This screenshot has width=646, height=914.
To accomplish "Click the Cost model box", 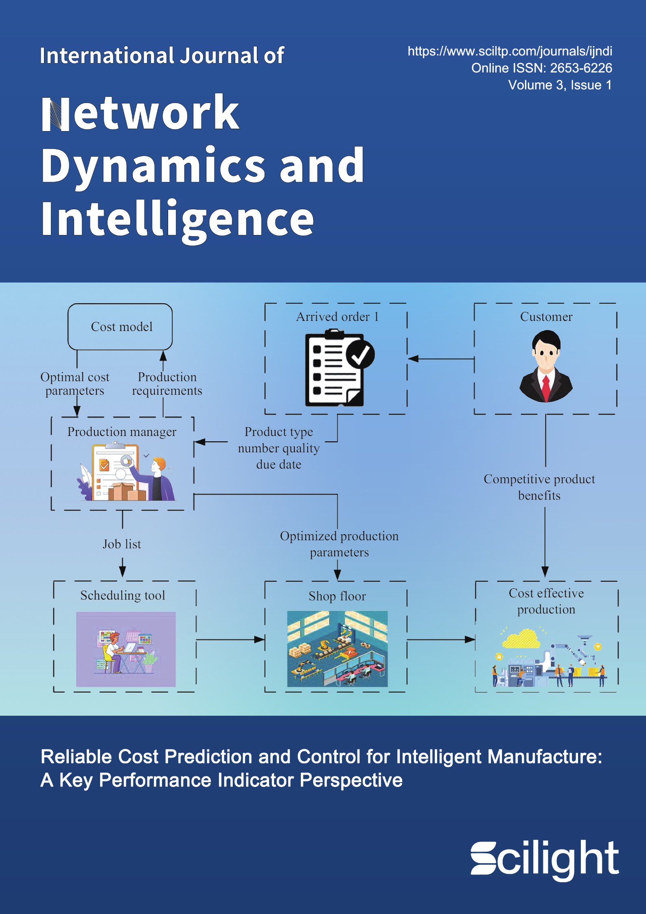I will (120, 327).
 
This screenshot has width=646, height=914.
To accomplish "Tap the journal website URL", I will (510, 51).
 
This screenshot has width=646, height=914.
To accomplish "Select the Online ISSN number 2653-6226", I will (581, 68).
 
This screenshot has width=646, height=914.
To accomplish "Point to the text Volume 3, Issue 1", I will (560, 85).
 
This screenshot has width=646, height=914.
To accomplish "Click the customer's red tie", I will (546, 386).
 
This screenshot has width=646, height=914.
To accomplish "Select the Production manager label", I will (122, 432).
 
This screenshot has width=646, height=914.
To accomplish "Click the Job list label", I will (122, 544).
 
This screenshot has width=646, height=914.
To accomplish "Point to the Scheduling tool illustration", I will (126, 649).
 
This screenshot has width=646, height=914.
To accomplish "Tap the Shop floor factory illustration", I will (337, 649).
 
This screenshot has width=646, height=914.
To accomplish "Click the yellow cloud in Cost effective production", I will (521, 638).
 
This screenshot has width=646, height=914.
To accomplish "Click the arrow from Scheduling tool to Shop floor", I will (230, 640).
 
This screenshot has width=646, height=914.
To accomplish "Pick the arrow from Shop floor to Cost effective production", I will (441, 640).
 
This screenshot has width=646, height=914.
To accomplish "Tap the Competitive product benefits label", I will (539, 487).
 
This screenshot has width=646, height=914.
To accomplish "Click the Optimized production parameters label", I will (339, 544).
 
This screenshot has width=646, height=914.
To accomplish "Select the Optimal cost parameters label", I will (75, 384).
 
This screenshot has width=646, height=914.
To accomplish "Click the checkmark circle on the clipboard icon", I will (360, 355).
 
